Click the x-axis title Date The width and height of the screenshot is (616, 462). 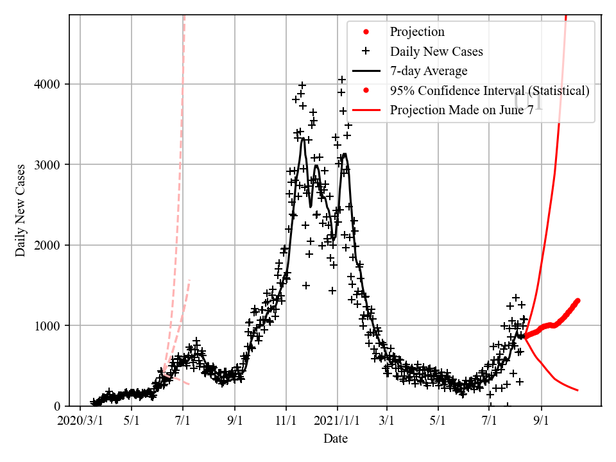335,439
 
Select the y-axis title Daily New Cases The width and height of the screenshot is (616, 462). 21,210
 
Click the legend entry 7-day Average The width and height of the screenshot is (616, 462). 429,71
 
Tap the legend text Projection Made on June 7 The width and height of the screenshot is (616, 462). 461,110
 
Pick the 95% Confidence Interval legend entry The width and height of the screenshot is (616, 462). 490,90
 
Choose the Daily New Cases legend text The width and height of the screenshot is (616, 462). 436,51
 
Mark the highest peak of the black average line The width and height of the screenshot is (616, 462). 303,138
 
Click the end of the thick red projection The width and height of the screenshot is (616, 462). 577,300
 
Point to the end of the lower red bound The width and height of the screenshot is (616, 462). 577,390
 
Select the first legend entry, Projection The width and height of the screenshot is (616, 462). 417,31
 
